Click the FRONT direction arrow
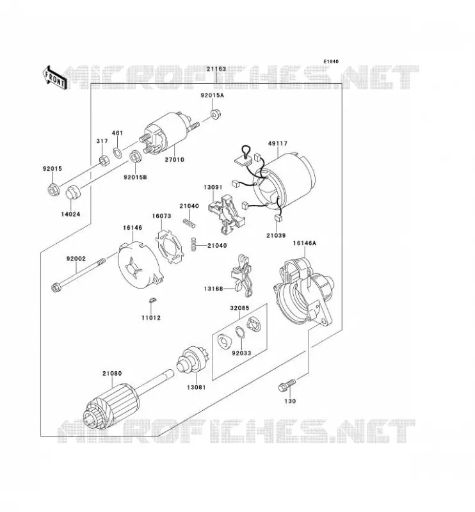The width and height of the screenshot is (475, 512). coord(54,78)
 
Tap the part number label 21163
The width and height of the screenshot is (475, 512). coord(216,69)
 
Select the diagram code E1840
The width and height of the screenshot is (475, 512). coord(331,61)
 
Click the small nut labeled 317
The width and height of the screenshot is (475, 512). coord(104,161)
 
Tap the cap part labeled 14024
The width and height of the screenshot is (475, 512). coord(74,192)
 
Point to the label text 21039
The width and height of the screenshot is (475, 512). coord(276,236)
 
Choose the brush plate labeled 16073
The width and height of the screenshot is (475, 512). coord(170,246)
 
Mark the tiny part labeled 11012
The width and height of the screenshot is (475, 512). coord(152,300)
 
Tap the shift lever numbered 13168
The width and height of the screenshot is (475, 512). coord(244,276)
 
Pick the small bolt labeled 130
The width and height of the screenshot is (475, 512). coord(287,385)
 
